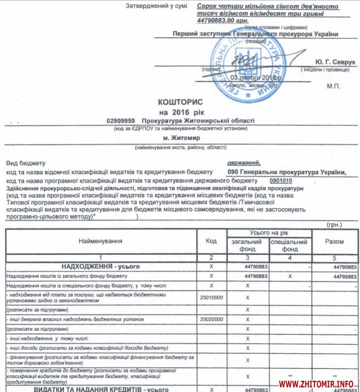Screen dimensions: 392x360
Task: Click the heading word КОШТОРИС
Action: point(181,102)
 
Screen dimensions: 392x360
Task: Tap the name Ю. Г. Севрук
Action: point(335,61)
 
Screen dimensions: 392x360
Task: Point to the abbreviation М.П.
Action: point(333,87)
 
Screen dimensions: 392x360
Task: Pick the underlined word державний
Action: point(243,163)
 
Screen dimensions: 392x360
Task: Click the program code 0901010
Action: point(280,181)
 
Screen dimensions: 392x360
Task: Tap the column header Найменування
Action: point(101,240)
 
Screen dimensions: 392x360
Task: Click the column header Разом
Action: point(334,241)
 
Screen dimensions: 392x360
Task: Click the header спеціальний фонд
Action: point(290,246)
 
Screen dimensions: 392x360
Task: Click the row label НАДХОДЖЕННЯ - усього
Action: point(101,266)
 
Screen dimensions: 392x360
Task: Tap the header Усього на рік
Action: point(269,233)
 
